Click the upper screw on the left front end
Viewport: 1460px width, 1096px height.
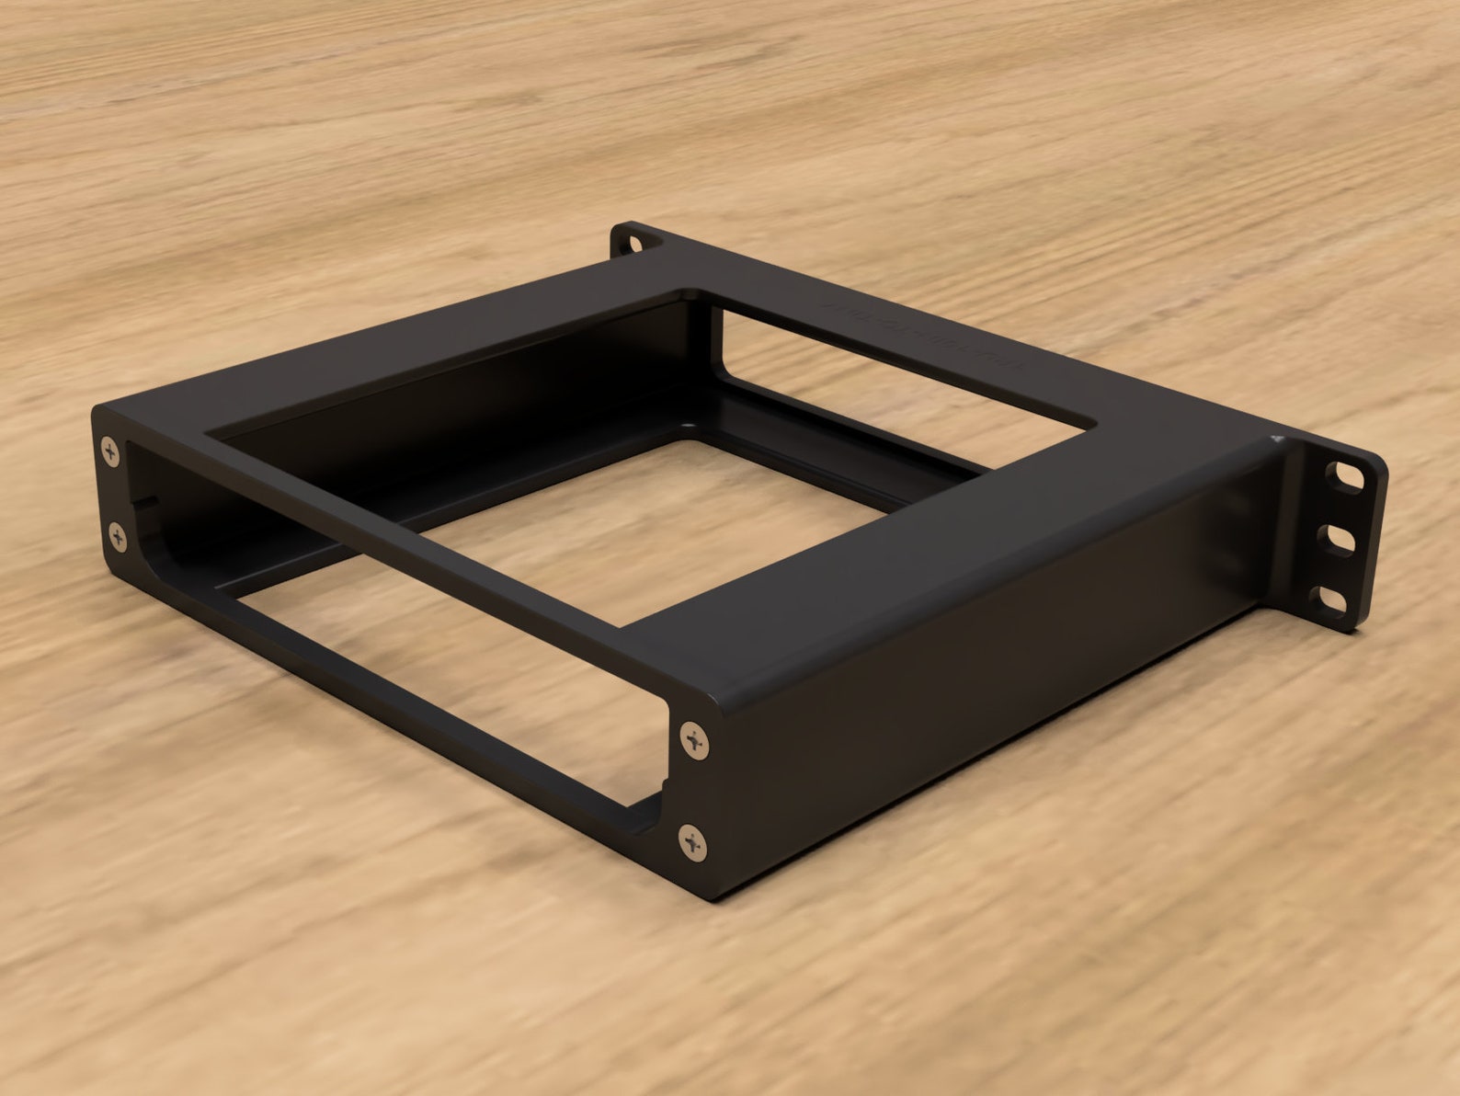[111, 451]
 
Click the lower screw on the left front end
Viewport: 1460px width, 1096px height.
[118, 534]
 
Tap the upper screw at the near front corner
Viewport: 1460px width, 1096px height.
[696, 738]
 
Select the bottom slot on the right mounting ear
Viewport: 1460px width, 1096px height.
[1333, 599]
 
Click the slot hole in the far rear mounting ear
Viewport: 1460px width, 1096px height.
[633, 244]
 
